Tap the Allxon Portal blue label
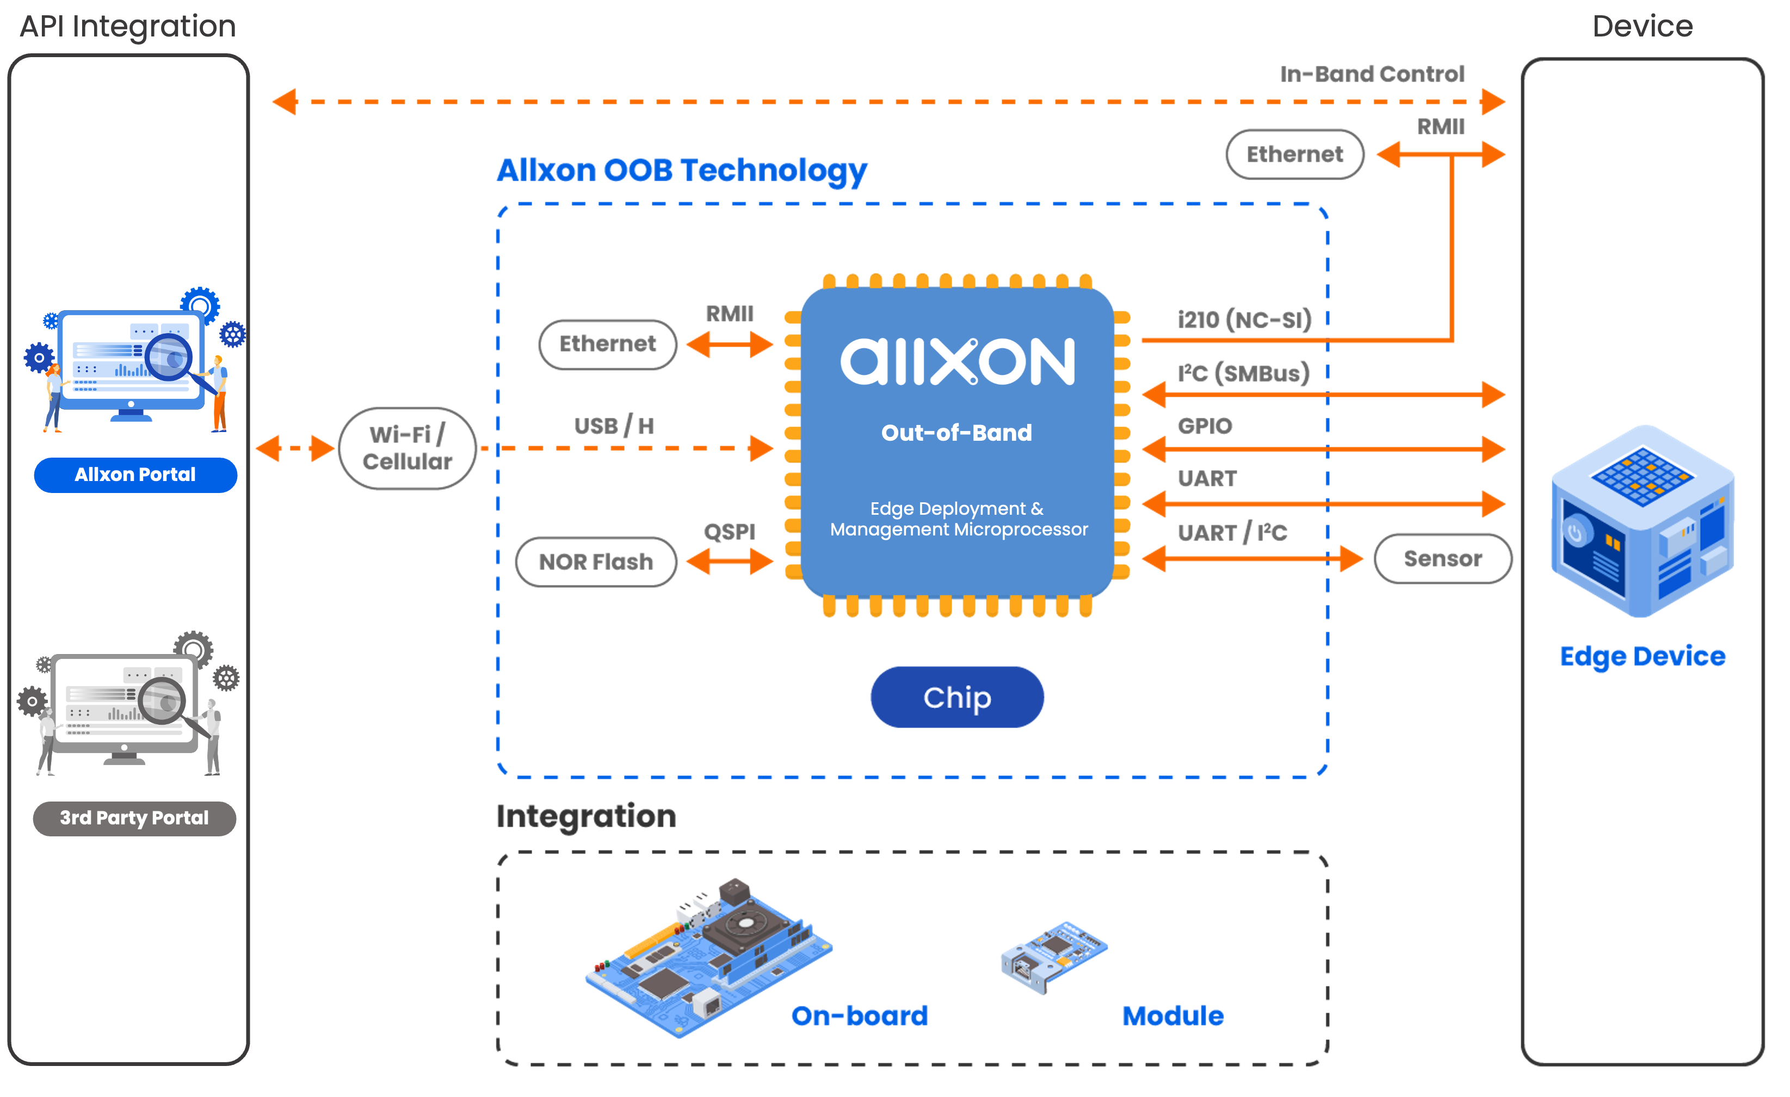pyautogui.click(x=135, y=475)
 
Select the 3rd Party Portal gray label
pyautogui.click(x=134, y=818)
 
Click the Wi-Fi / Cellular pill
pyautogui.click(x=407, y=448)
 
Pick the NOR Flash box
pyautogui.click(x=596, y=562)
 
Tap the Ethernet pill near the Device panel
pyautogui.click(x=1294, y=154)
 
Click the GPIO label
pyautogui.click(x=1205, y=426)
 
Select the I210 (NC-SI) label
pyautogui.click(x=1244, y=319)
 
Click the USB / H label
pyautogui.click(x=614, y=426)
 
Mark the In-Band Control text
pyautogui.click(x=1372, y=74)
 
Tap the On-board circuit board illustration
pyautogui.click(x=708, y=958)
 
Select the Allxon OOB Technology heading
pyautogui.click(x=681, y=171)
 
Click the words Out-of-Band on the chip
pyautogui.click(x=956, y=433)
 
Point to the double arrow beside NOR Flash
pyautogui.click(x=730, y=561)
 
